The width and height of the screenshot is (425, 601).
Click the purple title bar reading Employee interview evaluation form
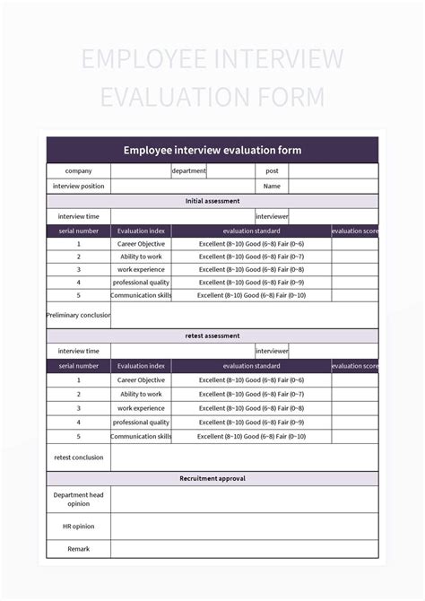[x=212, y=150]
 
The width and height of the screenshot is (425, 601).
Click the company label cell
[x=79, y=170]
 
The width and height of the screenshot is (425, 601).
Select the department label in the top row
[x=189, y=170]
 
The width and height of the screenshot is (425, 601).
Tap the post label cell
[x=272, y=170]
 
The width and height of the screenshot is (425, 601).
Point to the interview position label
[x=79, y=187]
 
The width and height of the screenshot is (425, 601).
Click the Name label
[x=272, y=187]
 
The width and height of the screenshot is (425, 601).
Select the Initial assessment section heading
[x=212, y=202]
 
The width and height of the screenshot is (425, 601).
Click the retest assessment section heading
[x=212, y=335]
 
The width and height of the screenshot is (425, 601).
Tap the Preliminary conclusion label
[x=79, y=315]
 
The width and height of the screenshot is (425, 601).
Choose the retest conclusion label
[x=79, y=457]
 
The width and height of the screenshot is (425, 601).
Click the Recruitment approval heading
[x=212, y=478]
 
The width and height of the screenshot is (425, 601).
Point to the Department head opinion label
[x=79, y=500]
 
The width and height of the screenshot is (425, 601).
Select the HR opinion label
[x=79, y=527]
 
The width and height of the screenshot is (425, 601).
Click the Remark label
[x=79, y=548]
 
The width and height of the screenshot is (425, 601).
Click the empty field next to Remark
[x=244, y=548]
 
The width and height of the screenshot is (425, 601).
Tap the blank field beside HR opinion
[x=244, y=527]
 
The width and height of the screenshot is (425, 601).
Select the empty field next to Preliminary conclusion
[x=244, y=315]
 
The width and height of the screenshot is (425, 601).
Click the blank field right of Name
[x=333, y=187]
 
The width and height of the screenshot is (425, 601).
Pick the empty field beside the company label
[x=141, y=170]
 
